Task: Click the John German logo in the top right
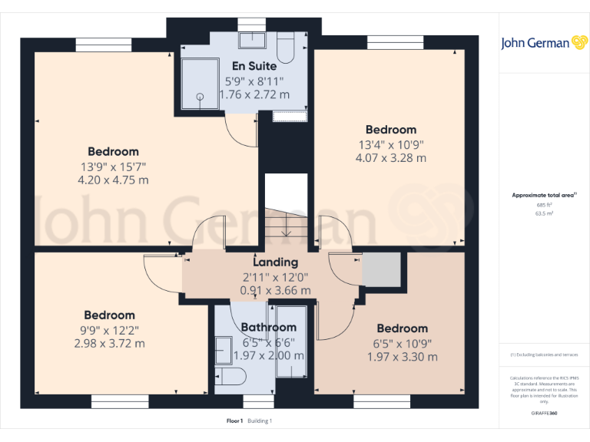click(x=545, y=43)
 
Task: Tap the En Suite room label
click(x=254, y=66)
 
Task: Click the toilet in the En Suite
click(x=286, y=48)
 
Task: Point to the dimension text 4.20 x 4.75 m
click(x=114, y=180)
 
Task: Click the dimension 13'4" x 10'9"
click(x=390, y=144)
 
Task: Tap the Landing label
click(x=275, y=262)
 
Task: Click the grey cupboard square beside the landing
click(x=382, y=269)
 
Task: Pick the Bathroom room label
click(x=268, y=328)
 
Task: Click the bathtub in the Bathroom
click(x=291, y=341)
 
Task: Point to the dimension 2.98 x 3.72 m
click(x=109, y=343)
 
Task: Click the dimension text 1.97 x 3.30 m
click(x=402, y=357)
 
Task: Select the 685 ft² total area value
click(x=544, y=205)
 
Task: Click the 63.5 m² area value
click(x=544, y=214)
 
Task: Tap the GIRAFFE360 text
click(x=544, y=414)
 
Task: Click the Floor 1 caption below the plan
click(x=235, y=421)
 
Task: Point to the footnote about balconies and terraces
click(x=544, y=355)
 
